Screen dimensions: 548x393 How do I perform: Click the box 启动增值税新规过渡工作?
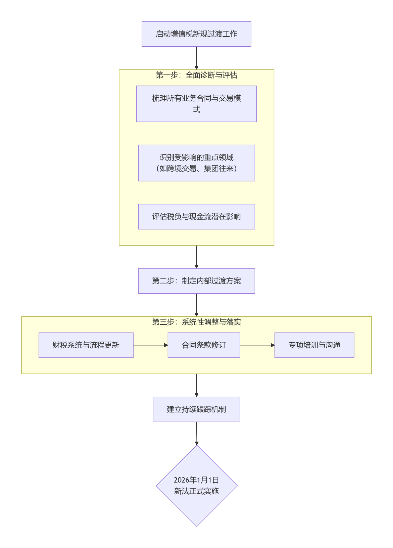196,34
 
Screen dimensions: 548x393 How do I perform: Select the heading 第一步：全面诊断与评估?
196,75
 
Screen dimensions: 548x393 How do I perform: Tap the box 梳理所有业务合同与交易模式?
196,104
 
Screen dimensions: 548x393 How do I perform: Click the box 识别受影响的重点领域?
196,157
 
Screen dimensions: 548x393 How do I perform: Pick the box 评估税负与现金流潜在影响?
196,216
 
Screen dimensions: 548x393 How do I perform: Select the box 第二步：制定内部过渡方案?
196,281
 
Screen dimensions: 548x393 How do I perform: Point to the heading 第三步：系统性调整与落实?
196,322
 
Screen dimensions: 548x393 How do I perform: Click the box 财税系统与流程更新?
86,345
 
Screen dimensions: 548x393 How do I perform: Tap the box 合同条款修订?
204,345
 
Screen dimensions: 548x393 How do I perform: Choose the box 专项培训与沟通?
314,345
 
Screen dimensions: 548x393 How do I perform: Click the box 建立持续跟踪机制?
196,409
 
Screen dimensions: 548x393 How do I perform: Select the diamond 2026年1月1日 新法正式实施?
197,486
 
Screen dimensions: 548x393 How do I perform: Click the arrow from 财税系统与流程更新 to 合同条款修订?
150,345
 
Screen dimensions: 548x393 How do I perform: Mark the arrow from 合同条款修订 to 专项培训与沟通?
257,345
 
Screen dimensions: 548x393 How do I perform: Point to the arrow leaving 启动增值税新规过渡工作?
196,58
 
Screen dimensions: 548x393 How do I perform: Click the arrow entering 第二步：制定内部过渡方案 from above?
196,257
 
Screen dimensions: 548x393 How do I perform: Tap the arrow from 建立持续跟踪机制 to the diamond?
196,433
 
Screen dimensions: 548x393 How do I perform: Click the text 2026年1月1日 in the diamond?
196,480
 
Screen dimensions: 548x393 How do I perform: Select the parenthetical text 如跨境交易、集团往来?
196,168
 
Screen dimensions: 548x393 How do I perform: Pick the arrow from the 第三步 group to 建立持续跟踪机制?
196,385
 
